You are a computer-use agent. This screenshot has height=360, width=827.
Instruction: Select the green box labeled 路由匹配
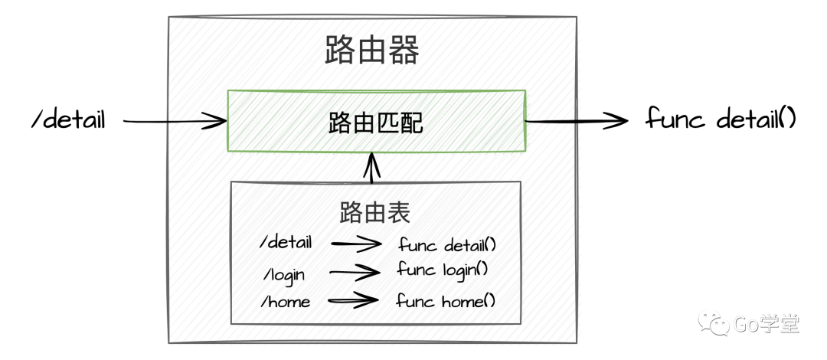tap(376, 121)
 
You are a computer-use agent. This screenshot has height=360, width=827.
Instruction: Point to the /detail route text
tap(287, 244)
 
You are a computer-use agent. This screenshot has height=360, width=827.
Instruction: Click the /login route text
tap(285, 273)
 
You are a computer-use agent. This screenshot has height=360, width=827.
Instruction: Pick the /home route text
tap(288, 302)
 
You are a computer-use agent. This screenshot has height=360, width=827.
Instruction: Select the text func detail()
tap(449, 245)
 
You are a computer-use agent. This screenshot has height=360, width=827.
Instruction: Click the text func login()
tap(443, 270)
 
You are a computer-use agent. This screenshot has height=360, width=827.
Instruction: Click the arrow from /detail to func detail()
tap(356, 244)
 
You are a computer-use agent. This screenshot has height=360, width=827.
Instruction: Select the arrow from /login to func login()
tap(355, 271)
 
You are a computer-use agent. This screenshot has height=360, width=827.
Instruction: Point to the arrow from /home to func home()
tap(353, 300)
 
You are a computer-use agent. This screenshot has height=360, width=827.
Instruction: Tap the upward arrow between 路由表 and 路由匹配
tap(373, 168)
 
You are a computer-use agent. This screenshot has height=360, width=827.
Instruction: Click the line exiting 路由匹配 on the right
tap(551, 121)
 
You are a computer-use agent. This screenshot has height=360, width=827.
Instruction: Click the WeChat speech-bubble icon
tap(713, 322)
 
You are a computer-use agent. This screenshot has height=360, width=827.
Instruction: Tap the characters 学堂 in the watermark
tap(779, 324)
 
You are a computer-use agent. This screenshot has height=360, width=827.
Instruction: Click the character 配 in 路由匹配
tap(411, 123)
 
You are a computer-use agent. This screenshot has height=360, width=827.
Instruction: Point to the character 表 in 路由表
tap(399, 212)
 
